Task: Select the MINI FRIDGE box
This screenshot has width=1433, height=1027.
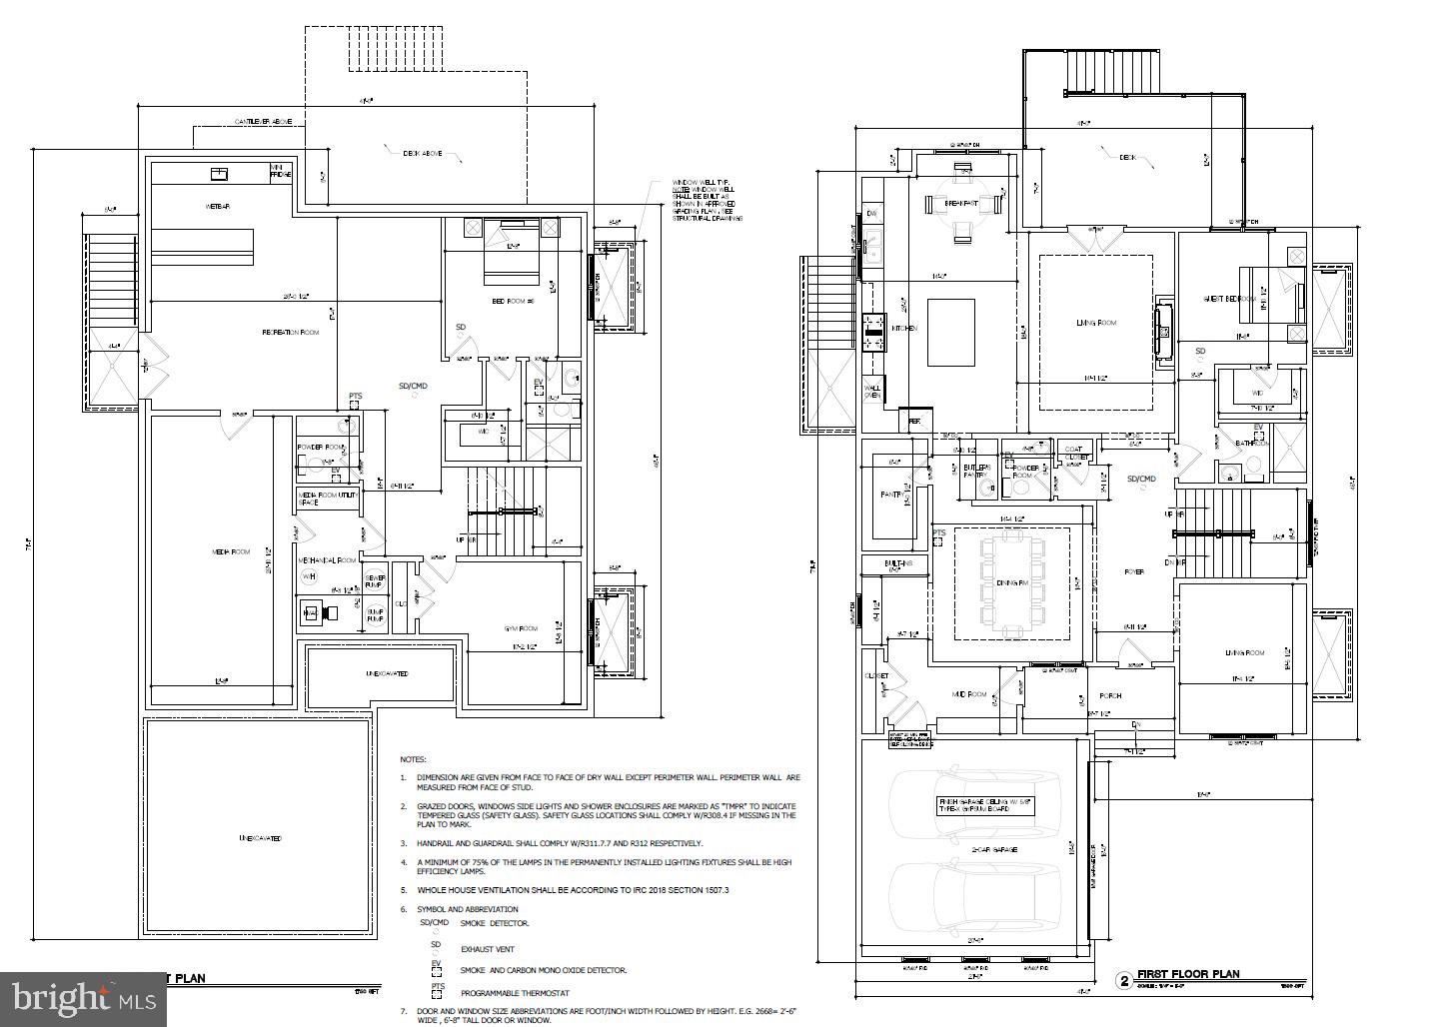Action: [x=282, y=172]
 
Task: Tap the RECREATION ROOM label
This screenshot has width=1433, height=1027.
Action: [x=290, y=332]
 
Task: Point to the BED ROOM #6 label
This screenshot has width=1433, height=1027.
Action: [x=514, y=301]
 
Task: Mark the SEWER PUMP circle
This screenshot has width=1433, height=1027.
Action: [x=376, y=581]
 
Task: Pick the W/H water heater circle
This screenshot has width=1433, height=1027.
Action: [x=310, y=576]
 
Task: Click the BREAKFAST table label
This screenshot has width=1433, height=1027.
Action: [x=960, y=203]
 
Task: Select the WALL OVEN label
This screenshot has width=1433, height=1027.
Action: [x=872, y=393]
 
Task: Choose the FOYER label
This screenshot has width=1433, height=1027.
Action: [x=1133, y=572]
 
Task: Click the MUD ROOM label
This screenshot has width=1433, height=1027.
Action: [x=968, y=694]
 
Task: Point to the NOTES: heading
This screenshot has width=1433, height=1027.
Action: [x=413, y=760]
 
